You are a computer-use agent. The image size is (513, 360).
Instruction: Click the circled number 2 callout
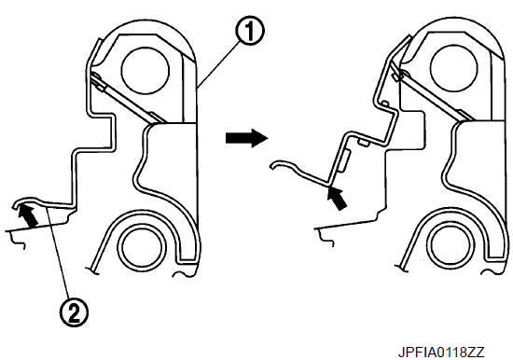(74, 312)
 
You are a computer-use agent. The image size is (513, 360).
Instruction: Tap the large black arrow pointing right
(246, 138)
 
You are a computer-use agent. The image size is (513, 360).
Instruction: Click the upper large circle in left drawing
(145, 70)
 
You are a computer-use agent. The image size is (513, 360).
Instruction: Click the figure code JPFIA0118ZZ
(441, 353)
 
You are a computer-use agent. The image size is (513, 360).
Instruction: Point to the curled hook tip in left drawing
(16, 205)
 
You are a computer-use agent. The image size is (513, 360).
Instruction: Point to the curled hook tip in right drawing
(272, 166)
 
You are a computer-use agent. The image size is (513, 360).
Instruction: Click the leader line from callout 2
(59, 253)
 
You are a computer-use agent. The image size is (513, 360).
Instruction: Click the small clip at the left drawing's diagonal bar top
(99, 83)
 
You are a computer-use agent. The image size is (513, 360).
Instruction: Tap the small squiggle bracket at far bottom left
(18, 242)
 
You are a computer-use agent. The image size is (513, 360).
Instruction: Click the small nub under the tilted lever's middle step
(364, 143)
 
